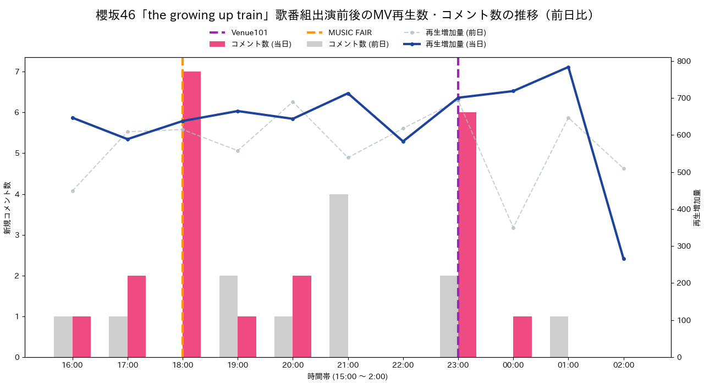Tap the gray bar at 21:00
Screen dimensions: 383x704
(339, 276)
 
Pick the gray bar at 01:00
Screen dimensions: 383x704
(559, 337)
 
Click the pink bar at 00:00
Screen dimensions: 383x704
(522, 337)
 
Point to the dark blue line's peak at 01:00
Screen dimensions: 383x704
(568, 67)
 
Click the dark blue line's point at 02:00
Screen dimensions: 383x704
(624, 259)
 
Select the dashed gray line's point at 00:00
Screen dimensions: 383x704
(513, 228)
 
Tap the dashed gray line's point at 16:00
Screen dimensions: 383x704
(73, 191)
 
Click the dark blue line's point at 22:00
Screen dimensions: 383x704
(403, 141)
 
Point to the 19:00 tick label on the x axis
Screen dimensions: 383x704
(238, 365)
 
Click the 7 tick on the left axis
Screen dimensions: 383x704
(17, 72)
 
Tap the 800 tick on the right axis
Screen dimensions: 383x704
(683, 61)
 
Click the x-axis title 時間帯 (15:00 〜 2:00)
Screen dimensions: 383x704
(348, 376)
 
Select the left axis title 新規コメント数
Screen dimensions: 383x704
(7, 207)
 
